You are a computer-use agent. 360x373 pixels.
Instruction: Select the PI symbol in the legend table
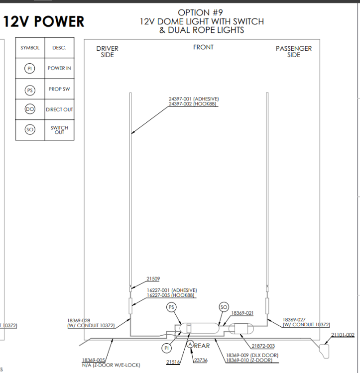29,69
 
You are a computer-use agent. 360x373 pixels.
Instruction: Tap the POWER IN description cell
59,69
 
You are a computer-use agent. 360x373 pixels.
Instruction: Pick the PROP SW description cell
59,89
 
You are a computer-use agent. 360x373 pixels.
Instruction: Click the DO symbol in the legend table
29,109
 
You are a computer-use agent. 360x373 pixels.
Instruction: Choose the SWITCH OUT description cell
59,130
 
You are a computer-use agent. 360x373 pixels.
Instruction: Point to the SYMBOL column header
29,48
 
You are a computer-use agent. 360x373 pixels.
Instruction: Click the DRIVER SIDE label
107,52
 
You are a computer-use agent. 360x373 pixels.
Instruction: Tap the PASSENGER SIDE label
294,52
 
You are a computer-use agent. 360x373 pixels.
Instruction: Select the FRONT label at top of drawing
203,47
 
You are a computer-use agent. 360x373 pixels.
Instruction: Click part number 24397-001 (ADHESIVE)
194,99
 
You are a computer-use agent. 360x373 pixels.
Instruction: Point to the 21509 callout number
153,279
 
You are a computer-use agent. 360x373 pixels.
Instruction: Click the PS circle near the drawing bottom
171,307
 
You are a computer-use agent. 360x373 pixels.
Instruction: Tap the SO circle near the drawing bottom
224,307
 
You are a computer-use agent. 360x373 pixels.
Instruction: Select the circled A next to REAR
190,344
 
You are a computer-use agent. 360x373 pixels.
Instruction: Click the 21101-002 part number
343,335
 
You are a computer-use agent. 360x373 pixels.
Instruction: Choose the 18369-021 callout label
242,313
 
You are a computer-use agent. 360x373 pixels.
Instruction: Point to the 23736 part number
201,360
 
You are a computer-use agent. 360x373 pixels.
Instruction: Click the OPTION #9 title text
201,12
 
